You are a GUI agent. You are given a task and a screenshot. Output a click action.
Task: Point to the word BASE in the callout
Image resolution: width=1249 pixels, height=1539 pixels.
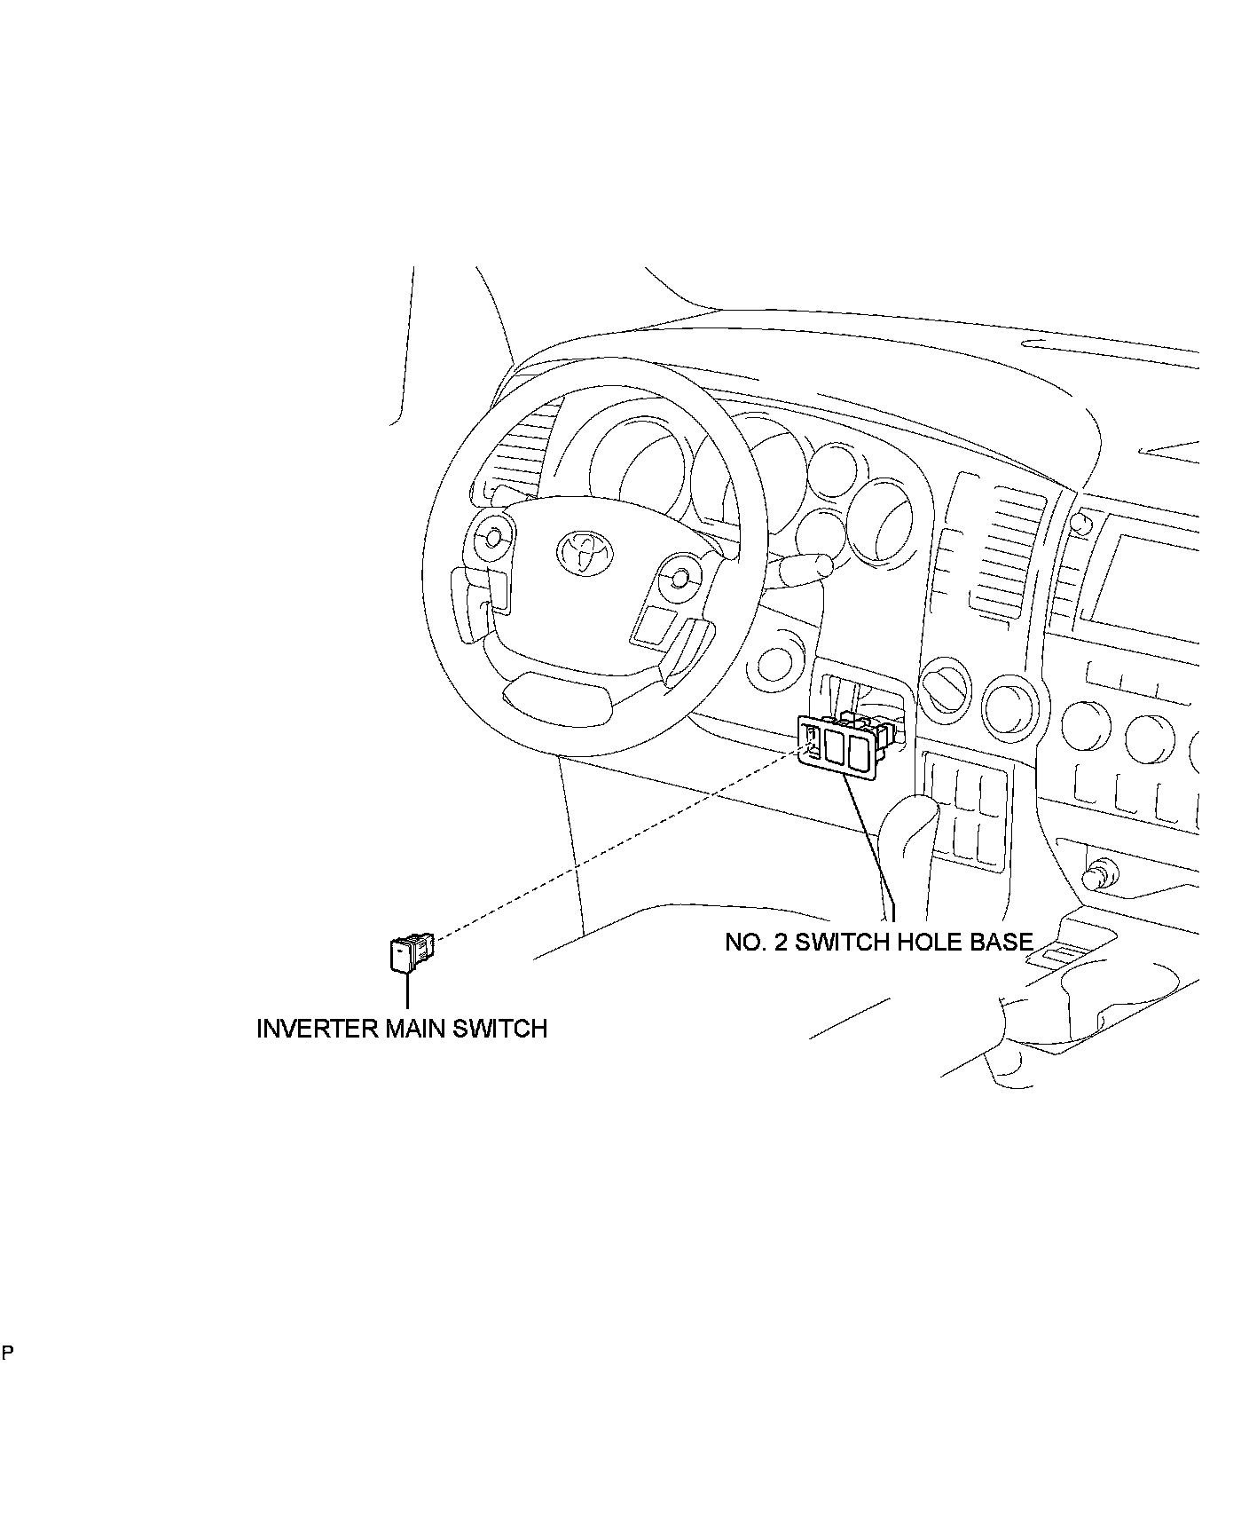pyautogui.click(x=1000, y=942)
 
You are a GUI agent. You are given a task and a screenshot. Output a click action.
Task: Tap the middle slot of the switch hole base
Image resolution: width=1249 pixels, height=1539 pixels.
pyautogui.click(x=836, y=746)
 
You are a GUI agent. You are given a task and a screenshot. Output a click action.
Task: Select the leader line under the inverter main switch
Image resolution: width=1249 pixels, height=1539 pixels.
pyautogui.click(x=407, y=990)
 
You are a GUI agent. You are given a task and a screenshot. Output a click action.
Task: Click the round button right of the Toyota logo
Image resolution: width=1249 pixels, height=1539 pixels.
pyautogui.click(x=680, y=578)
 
